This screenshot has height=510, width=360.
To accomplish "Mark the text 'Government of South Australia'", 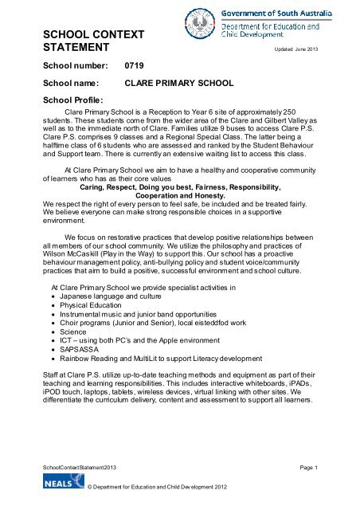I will click(294, 10).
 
